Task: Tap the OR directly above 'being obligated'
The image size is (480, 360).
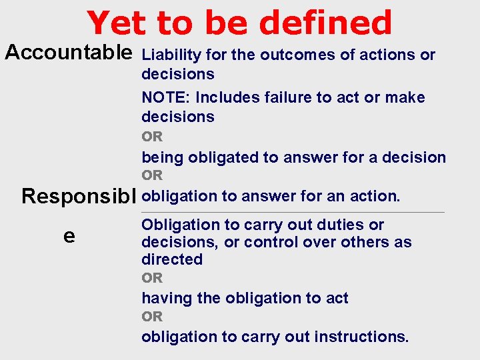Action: coord(152,137)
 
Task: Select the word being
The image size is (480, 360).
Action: coord(163,157)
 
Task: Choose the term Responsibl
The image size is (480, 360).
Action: coord(79,197)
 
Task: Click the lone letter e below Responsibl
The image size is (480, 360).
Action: coord(69,236)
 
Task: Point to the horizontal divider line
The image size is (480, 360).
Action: coord(293,212)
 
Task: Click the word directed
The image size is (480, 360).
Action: coord(171,259)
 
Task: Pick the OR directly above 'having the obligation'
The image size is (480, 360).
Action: coord(152,278)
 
